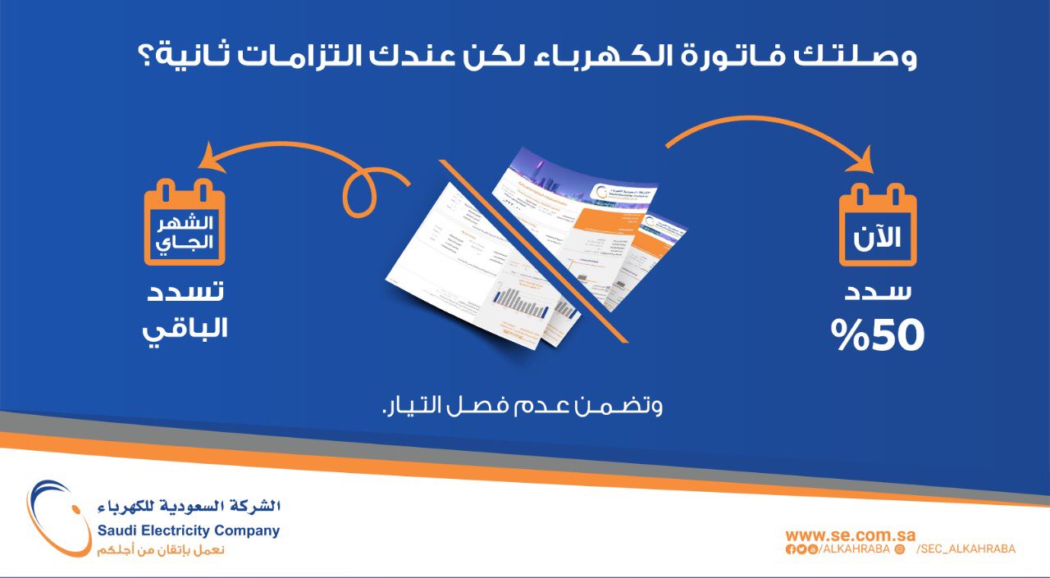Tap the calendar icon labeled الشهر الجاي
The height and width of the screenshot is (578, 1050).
[x=185, y=225]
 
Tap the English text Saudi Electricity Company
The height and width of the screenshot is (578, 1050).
[x=188, y=530]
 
